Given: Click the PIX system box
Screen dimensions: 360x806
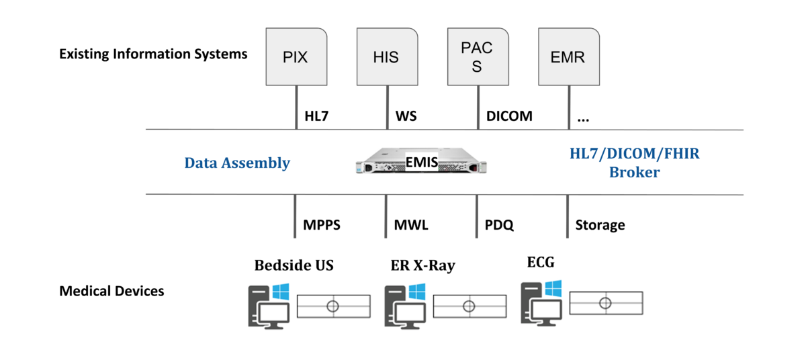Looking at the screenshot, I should coord(296,56).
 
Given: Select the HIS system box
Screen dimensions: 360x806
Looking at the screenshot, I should coord(386,56).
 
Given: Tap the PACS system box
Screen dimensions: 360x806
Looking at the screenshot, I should coord(476,56).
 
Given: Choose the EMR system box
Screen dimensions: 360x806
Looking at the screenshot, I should coord(568,56).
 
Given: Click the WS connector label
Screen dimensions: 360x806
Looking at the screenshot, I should coord(406,116).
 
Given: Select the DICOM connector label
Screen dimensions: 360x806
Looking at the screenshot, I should coord(508,116).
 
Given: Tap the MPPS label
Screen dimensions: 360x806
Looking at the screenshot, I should coord(322,225).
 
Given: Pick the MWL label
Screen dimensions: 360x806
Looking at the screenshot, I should coord(411,225).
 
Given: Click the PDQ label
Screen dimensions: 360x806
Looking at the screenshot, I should coord(499,225).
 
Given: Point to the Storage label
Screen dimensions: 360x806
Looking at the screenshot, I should coord(600,225).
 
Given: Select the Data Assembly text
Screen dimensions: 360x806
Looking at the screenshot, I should coord(237,163).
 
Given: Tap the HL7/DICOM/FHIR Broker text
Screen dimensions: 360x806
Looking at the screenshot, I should coord(634,163).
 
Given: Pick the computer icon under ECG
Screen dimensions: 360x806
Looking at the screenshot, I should coord(541,302).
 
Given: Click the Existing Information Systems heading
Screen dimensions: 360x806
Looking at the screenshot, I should coord(153,54).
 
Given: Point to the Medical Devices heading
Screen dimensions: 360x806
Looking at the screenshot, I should coord(111,291).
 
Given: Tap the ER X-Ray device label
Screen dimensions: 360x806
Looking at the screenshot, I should coord(422,265).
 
